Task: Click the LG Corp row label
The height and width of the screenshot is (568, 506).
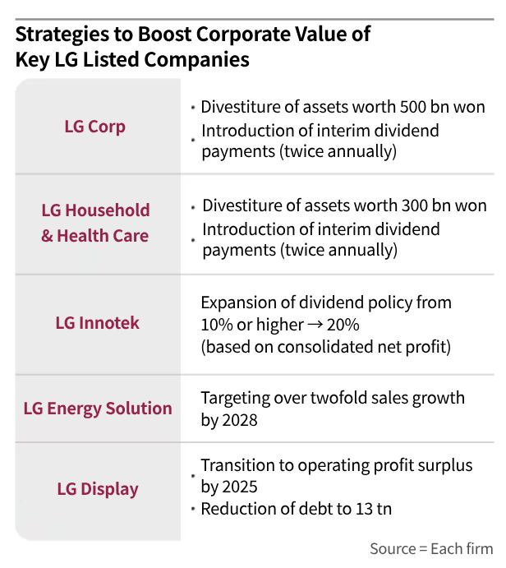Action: pos(94,127)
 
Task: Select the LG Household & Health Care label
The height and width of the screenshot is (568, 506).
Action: pos(95,223)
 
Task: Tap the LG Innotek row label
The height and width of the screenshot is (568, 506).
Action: pos(97,323)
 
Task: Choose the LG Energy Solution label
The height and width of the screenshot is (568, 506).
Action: pos(98,408)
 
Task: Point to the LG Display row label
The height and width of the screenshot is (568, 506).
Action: pos(98,489)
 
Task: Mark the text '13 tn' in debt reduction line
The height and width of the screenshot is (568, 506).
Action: pos(370,509)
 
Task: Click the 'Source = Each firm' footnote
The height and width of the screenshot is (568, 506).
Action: pos(431,549)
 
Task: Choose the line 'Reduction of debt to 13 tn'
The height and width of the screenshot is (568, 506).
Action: pos(296,509)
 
